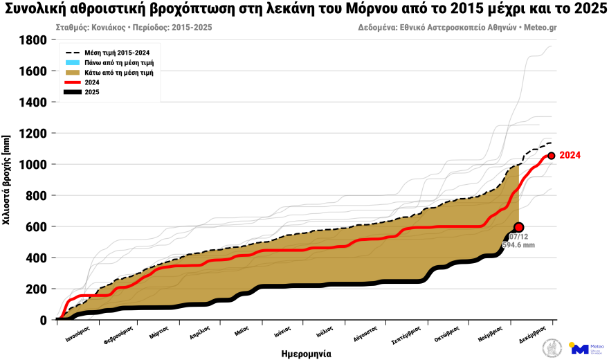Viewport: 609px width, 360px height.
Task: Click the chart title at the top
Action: pos(304,10)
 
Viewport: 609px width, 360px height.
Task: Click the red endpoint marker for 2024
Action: pos(552,156)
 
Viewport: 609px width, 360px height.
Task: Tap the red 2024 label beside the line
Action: pos(570,156)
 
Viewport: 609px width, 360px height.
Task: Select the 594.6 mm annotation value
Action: pos(518,245)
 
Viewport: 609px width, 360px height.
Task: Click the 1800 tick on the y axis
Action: pos(33,40)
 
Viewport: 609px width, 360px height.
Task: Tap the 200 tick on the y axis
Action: pos(36,289)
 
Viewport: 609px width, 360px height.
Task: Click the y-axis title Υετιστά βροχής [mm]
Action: pos(7,180)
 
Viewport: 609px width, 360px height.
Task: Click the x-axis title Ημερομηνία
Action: pos(306,353)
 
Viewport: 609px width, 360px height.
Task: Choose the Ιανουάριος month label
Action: pos(78,331)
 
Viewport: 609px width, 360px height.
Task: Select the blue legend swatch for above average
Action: pos(73,62)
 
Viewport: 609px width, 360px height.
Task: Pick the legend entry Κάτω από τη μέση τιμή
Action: pos(118,72)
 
